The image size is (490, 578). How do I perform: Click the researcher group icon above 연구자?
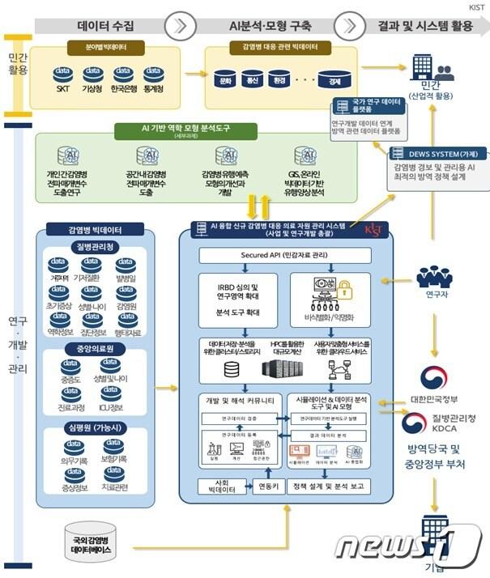click(434, 278)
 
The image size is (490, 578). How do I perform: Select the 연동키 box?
click(265, 487)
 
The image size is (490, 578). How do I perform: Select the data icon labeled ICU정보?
click(112, 408)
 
